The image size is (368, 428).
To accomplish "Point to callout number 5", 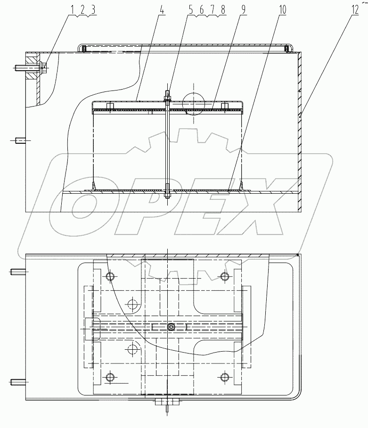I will [x=190, y=9].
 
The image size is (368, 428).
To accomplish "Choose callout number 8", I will [x=222, y=9].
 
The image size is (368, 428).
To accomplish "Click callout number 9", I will [x=244, y=9].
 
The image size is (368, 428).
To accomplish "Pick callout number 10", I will [x=281, y=9].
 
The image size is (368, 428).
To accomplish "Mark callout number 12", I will [x=354, y=9].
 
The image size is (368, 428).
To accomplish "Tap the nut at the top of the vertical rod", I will [x=168, y=99].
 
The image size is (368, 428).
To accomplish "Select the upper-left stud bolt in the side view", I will [x=20, y=67].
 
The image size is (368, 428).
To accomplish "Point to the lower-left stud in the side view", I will [x=20, y=140].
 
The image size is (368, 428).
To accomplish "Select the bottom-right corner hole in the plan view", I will [x=223, y=377].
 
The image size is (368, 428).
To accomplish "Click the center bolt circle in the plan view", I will [x=171, y=327].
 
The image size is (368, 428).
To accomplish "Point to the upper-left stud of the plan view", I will [x=17, y=272].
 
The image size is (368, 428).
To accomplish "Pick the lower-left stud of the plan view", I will [x=17, y=382].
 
